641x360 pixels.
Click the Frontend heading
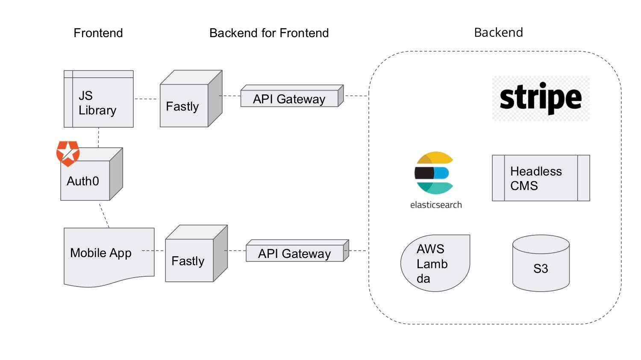(98, 33)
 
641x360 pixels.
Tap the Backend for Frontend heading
(269, 33)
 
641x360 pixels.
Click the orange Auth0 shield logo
(68, 153)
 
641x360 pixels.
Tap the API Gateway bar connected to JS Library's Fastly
(291, 98)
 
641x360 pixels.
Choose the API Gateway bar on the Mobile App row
(296, 252)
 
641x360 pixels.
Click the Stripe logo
(541, 98)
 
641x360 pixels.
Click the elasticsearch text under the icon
(436, 205)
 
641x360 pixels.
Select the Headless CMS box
(541, 178)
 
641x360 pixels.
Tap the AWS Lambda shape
(435, 263)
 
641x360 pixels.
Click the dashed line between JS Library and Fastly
(147, 99)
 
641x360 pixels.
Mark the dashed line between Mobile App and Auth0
(104, 215)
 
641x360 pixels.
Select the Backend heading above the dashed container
(498, 32)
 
